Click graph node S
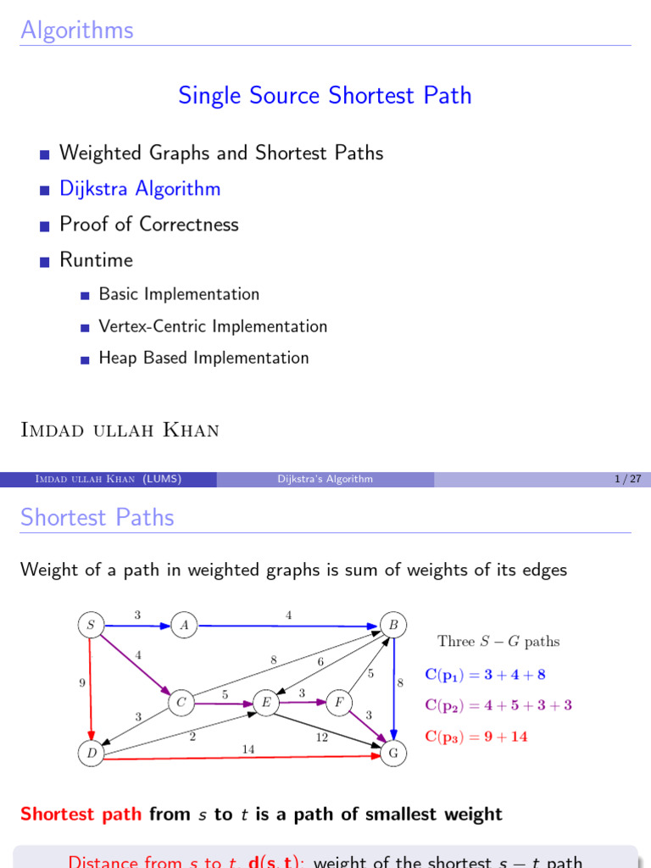[90, 626]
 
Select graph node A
[183, 626]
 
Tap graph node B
[393, 626]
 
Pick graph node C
[181, 702]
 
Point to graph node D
[90, 753]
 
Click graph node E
[266, 702]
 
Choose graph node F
[338, 702]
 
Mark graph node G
[393, 753]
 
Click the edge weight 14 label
[248, 748]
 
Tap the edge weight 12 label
[322, 737]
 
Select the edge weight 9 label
[81, 682]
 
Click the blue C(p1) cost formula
[485, 675]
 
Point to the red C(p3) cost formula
[476, 737]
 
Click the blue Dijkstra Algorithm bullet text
[140, 188]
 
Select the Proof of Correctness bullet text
[149, 224]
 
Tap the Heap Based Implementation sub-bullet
[203, 358]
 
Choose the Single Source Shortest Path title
[325, 95]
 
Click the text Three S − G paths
[498, 642]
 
